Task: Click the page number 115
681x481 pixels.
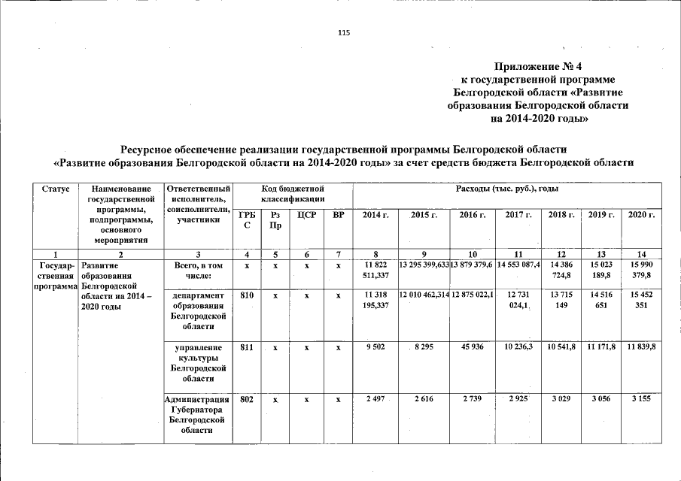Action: (x=344, y=33)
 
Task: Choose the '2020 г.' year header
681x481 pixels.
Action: (x=641, y=216)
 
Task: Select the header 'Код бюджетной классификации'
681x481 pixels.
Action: (x=293, y=193)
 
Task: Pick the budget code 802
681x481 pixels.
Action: (x=245, y=399)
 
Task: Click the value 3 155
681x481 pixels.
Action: (x=641, y=399)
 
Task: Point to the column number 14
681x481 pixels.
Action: (x=641, y=254)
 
